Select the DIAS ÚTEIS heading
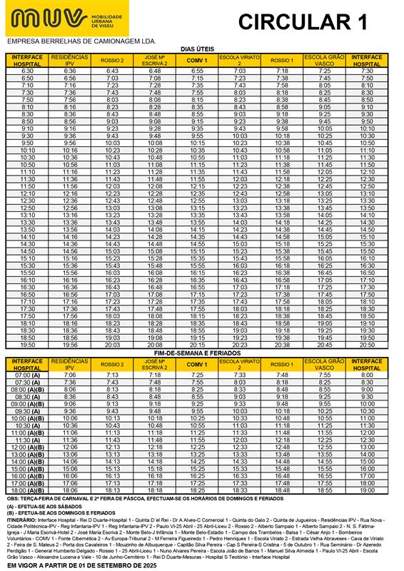coord(198,49)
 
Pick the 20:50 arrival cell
coord(367,345)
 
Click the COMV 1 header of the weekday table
coord(196,61)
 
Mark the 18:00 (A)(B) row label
coord(28,490)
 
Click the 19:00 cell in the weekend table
coord(367,490)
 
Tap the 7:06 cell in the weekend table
coord(70,375)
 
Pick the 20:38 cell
coord(282,345)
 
